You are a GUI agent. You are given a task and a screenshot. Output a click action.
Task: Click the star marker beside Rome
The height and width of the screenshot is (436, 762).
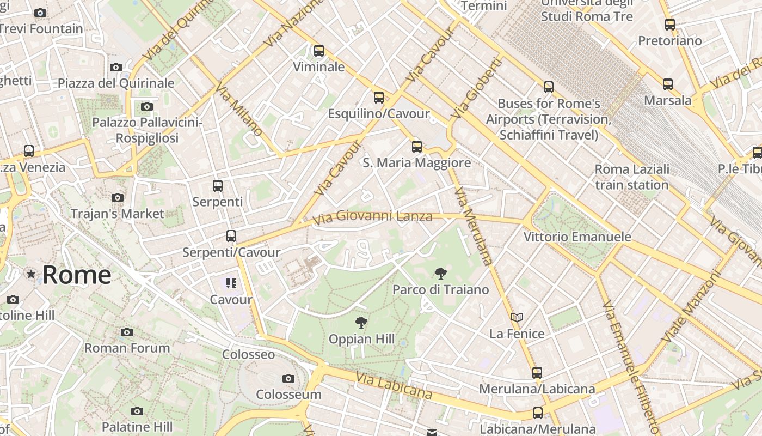pyautogui.click(x=31, y=274)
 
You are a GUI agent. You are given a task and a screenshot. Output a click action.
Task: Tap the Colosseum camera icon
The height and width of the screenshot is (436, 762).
pyautogui.click(x=288, y=378)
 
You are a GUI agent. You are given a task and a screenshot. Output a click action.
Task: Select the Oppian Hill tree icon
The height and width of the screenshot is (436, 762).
pyautogui.click(x=360, y=323)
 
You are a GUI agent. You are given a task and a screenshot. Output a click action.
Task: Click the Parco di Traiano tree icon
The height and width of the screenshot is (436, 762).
pyautogui.click(x=440, y=273)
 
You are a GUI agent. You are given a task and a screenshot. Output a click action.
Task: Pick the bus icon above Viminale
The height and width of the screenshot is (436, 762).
pyautogui.click(x=319, y=51)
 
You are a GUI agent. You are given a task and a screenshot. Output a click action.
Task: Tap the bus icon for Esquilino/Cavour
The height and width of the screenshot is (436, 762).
pyautogui.click(x=379, y=98)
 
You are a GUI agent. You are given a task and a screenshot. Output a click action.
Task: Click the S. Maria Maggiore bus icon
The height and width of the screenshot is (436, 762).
pyautogui.click(x=417, y=146)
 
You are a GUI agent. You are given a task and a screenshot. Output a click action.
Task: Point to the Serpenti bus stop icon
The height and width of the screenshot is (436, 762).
pyautogui.click(x=218, y=185)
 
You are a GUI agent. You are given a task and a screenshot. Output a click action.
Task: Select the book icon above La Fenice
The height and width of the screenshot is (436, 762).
pyautogui.click(x=517, y=317)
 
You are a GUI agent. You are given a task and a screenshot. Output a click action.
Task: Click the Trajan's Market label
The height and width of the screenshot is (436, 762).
pyautogui.click(x=117, y=214)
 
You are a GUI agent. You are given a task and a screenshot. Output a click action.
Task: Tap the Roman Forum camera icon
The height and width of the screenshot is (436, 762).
pyautogui.click(x=127, y=332)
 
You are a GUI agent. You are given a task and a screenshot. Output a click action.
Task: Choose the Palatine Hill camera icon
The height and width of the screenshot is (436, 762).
pyautogui.click(x=137, y=411)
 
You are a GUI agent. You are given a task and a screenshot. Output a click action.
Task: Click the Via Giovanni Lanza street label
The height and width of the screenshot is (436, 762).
pyautogui.click(x=373, y=216)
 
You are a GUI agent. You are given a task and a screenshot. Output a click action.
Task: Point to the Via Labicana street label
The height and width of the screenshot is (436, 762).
pyautogui.click(x=394, y=385)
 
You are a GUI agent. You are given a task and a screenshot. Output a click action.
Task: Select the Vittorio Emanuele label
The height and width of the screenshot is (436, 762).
pyautogui.click(x=577, y=237)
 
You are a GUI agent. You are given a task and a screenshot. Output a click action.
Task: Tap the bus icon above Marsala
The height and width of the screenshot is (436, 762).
pyautogui.click(x=668, y=84)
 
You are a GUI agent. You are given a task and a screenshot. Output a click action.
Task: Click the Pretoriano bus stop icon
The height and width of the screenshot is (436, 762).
pyautogui.click(x=670, y=25)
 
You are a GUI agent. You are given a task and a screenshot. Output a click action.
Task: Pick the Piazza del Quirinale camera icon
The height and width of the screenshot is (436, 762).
pyautogui.click(x=116, y=68)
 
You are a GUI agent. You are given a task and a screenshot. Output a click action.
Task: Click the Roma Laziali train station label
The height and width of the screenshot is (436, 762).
pyautogui.click(x=631, y=177)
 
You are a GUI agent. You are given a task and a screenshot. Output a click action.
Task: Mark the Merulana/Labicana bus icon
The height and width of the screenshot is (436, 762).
pyautogui.click(x=537, y=373)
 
